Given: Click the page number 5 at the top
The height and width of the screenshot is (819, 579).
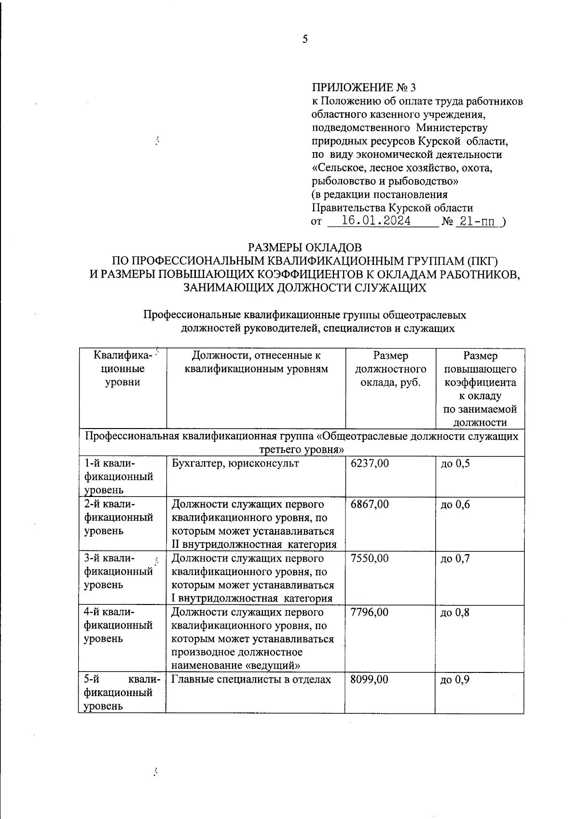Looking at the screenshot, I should pyautogui.click(x=304, y=40).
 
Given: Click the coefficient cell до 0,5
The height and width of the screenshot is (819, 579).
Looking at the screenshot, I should pyautogui.click(x=455, y=464).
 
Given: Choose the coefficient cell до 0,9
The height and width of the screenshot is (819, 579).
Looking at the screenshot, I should pyautogui.click(x=455, y=680).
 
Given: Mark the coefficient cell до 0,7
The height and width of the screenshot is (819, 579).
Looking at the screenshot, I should pyautogui.click(x=455, y=559).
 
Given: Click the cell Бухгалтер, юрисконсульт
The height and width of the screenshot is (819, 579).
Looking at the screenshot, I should pyautogui.click(x=235, y=464).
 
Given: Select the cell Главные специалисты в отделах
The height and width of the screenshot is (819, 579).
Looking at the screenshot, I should pyautogui.click(x=251, y=680).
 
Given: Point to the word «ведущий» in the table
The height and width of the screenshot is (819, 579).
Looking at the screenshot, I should pyautogui.click(x=278, y=666).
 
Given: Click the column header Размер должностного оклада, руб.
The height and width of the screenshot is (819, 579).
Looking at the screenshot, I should pyautogui.click(x=390, y=369).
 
